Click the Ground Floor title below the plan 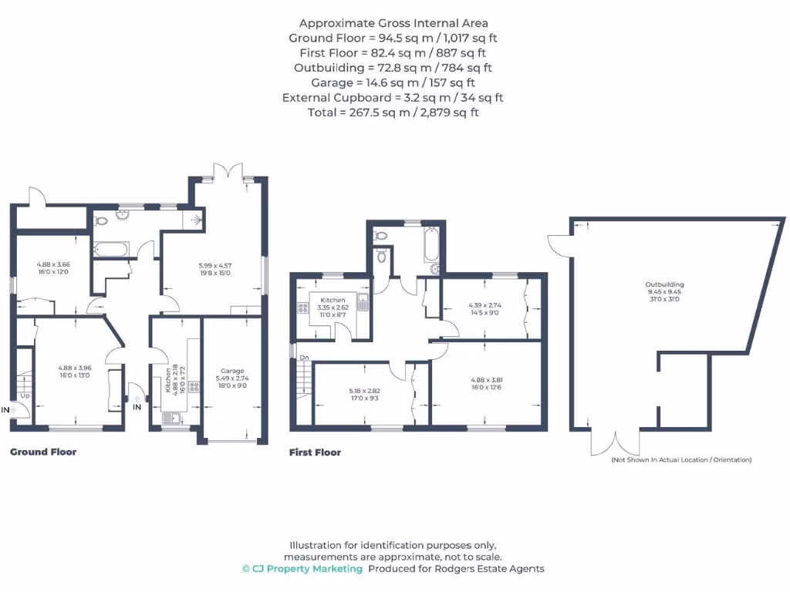click(42, 452)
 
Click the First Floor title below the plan click(315, 452)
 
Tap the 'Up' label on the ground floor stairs click(25, 396)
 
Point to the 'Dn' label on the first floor click(305, 358)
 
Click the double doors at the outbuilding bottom click(615, 443)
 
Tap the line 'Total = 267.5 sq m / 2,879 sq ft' click(393, 112)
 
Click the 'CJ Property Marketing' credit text click(302, 569)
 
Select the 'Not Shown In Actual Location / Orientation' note click(680, 460)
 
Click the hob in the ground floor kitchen click(193, 386)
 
